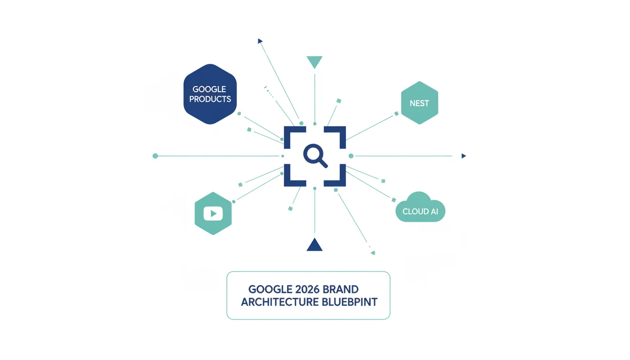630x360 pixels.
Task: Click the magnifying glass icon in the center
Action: point(315,156)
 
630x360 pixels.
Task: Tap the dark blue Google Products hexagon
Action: point(210,94)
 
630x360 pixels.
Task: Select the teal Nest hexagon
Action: point(420,103)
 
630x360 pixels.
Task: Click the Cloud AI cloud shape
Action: point(420,207)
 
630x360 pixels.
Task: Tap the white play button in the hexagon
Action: point(213,213)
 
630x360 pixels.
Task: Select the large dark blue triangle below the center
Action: point(315,244)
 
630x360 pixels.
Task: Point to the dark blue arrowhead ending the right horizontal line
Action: point(464,156)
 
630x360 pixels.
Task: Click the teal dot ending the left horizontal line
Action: point(155,156)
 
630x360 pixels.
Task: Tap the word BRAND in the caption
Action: point(340,289)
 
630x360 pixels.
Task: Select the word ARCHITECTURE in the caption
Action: point(280,302)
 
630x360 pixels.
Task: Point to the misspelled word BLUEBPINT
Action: point(350,302)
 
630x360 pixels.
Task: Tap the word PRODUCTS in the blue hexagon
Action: point(210,99)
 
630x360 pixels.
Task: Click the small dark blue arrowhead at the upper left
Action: point(260,41)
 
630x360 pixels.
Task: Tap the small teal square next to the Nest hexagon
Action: point(396,113)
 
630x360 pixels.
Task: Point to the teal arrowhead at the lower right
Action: point(373,253)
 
